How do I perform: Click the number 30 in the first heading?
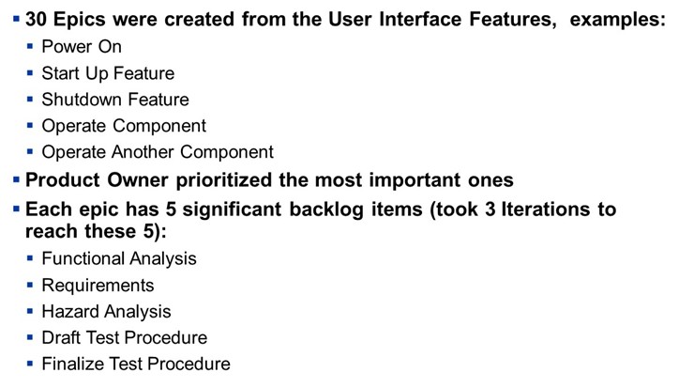[36, 19]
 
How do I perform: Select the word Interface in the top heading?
[420, 19]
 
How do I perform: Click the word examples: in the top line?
[617, 20]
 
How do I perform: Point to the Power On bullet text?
[82, 46]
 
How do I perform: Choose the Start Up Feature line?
[108, 73]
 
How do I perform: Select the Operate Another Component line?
[158, 152]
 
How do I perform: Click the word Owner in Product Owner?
[137, 180]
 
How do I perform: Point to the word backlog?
[326, 210]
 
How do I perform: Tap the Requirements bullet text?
[98, 286]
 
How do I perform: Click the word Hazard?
[70, 311]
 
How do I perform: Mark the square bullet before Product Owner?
[17, 179]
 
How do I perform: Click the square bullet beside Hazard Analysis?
[30, 311]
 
